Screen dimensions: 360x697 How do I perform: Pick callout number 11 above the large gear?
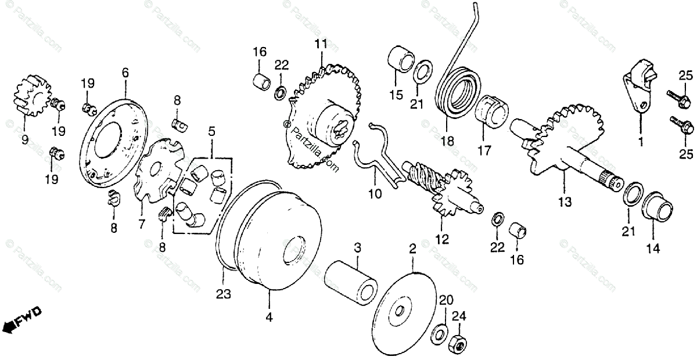click(321, 44)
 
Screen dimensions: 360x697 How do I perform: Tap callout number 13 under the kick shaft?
click(565, 203)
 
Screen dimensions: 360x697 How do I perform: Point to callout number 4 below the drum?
click(269, 318)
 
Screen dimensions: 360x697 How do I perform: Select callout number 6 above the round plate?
click(125, 73)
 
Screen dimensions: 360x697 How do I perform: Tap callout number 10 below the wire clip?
click(375, 193)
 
